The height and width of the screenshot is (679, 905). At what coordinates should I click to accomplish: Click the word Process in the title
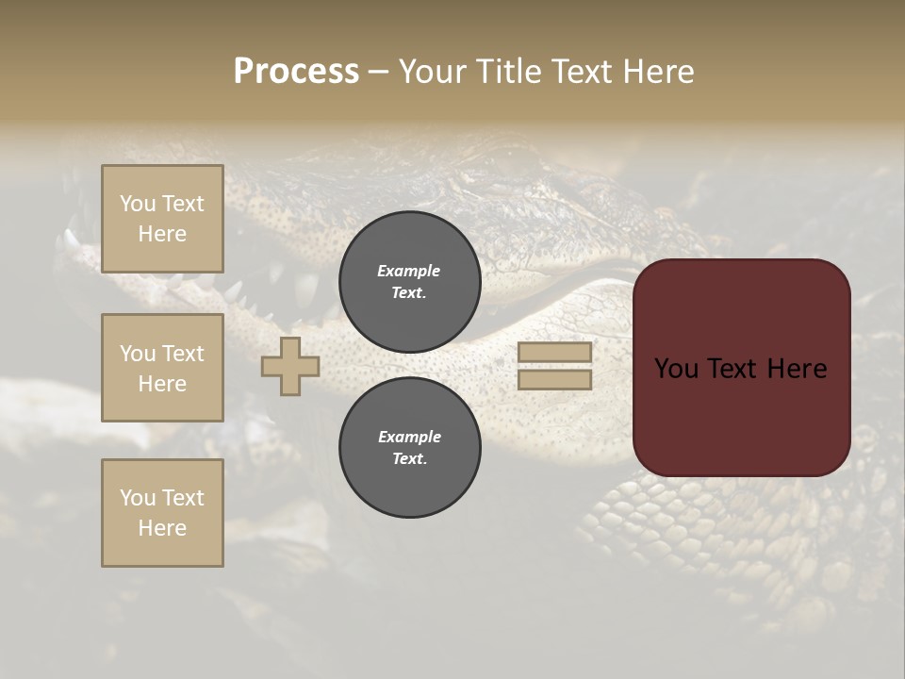click(296, 72)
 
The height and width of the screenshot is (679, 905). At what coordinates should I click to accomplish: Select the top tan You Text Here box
click(162, 219)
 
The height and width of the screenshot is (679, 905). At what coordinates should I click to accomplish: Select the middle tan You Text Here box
click(162, 368)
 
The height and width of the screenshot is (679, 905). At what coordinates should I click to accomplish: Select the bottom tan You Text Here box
click(162, 513)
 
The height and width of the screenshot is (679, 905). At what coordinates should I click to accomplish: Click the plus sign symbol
click(290, 366)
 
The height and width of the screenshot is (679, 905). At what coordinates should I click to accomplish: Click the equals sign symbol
click(554, 366)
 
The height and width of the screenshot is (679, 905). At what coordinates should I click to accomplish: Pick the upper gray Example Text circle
click(410, 281)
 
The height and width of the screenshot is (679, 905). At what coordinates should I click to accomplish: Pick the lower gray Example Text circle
click(410, 447)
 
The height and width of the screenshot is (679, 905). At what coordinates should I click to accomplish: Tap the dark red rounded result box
click(741, 415)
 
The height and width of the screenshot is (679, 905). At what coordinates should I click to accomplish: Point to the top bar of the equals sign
click(554, 353)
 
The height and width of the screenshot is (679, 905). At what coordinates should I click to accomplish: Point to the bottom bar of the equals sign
click(554, 379)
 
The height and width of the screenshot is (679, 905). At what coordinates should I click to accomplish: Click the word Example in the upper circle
click(409, 271)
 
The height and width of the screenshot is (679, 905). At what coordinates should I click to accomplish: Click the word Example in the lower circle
click(409, 437)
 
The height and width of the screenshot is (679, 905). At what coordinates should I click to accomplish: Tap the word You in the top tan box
click(137, 204)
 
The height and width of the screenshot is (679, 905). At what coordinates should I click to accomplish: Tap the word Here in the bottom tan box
click(162, 528)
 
